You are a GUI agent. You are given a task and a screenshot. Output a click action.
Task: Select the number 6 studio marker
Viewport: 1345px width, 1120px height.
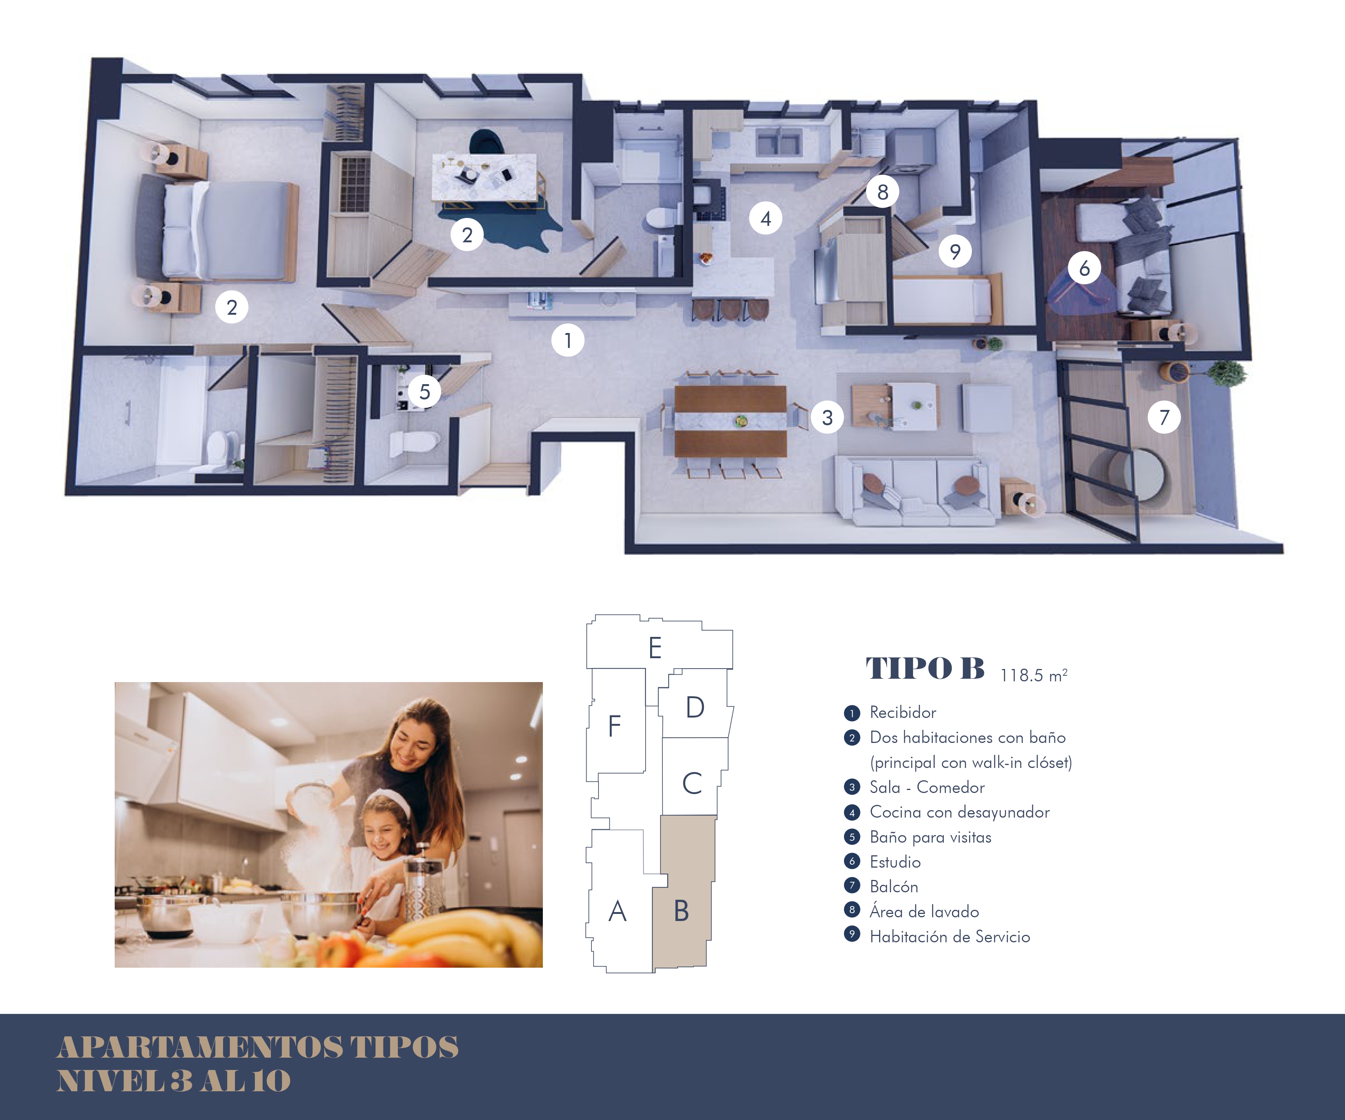point(1084,268)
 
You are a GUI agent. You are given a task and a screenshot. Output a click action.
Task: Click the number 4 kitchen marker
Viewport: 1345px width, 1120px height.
point(766,218)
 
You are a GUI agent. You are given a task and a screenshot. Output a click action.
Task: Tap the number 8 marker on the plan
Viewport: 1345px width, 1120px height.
point(882,192)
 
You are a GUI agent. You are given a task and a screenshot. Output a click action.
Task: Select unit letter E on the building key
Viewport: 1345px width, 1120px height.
point(655,648)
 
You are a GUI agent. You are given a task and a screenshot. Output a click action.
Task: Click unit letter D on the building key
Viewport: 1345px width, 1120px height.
point(695,707)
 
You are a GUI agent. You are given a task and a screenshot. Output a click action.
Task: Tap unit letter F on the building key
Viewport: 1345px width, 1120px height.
point(614,726)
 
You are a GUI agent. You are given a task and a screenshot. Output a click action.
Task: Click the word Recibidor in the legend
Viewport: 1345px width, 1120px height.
point(902,712)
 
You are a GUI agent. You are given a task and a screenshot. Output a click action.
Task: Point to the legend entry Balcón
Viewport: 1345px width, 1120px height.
point(893,886)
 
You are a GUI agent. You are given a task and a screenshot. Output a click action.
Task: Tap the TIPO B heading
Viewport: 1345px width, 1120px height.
point(925,668)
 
